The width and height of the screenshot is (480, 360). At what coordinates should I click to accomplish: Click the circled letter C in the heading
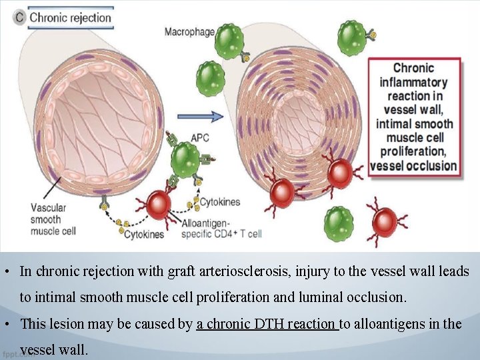(x=20, y=18)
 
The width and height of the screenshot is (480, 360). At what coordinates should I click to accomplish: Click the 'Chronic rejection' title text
(x=70, y=18)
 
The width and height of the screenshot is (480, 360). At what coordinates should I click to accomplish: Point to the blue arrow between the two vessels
(x=210, y=117)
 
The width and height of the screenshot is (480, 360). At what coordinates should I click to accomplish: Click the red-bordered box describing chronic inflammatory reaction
(x=413, y=116)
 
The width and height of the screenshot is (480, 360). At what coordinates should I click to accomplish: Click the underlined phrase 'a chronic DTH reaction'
(x=267, y=324)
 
